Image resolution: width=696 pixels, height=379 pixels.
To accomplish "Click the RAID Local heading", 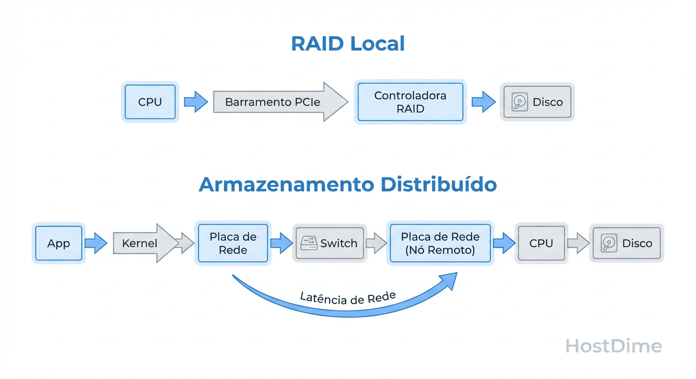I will click(348, 44).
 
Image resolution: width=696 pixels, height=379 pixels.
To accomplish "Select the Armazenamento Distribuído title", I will click(348, 185).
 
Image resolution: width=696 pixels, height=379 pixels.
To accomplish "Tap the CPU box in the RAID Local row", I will click(150, 102).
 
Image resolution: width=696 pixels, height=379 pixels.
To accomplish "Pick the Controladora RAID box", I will click(410, 102).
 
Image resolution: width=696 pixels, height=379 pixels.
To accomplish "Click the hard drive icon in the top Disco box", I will click(520, 102).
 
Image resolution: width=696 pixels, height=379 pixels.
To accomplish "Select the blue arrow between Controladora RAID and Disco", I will click(483, 102).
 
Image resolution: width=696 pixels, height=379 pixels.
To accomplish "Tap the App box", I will click(58, 243).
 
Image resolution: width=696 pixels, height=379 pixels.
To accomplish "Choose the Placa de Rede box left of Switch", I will click(233, 243).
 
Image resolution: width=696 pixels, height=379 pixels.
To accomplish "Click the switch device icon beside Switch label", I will click(308, 243).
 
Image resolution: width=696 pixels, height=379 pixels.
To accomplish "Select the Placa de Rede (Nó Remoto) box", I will click(440, 243).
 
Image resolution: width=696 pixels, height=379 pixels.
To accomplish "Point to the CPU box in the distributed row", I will click(541, 243).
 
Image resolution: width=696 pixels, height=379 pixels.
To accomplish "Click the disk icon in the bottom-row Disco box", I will click(609, 243).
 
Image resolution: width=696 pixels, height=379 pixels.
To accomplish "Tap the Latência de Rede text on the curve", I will click(348, 298).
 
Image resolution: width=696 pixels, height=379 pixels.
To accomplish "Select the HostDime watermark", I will click(613, 346).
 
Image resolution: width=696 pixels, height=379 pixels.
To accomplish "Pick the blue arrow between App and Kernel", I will click(96, 243).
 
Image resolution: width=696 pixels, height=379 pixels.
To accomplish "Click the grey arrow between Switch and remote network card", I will click(376, 243).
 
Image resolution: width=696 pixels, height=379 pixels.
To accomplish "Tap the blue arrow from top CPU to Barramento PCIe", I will click(196, 102).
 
